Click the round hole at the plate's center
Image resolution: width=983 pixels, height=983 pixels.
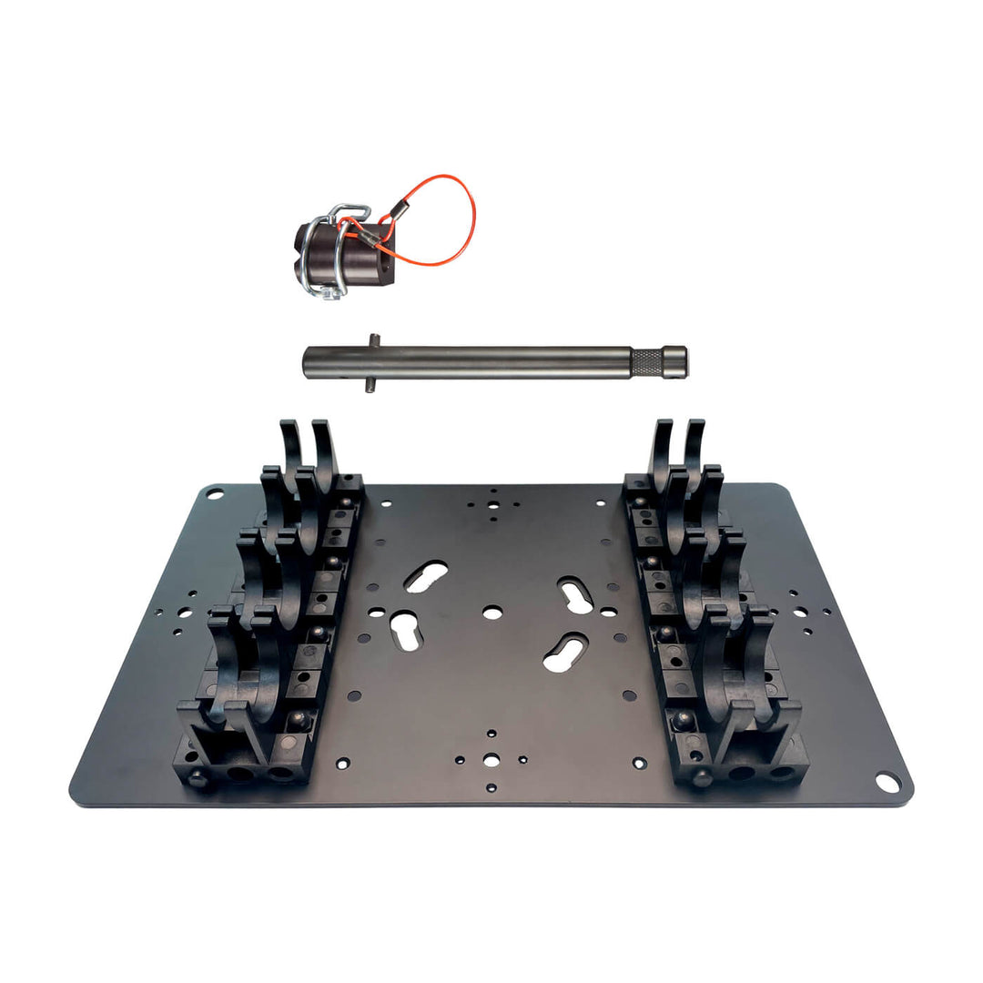pyautogui.click(x=491, y=613)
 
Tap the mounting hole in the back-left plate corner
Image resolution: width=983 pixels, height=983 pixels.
pyautogui.click(x=215, y=494)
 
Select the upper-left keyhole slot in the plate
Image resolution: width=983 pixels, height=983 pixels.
pyautogui.click(x=426, y=575)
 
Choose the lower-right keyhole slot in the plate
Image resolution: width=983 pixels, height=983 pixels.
pyautogui.click(x=565, y=652)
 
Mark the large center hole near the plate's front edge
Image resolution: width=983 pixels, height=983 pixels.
pyautogui.click(x=491, y=759)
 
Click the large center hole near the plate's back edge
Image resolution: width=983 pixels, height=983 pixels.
pyautogui.click(x=492, y=504)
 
